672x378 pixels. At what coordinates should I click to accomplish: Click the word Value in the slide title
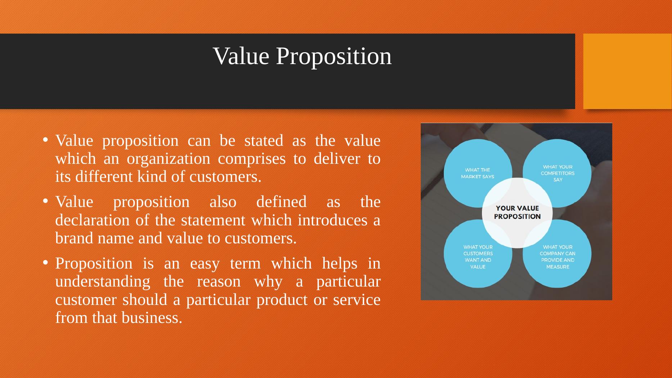coord(241,56)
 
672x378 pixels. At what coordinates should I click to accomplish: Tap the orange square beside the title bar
coord(627,71)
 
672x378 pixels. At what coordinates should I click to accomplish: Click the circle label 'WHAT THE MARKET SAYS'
coord(478,173)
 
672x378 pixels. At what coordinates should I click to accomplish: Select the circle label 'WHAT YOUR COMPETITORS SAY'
coord(558,173)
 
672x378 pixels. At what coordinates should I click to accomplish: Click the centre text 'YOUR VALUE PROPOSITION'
coord(517,212)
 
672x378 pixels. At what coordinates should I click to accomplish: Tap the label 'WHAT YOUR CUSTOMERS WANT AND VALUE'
coord(478,257)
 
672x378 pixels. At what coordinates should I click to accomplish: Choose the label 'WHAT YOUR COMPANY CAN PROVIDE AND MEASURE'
coord(558,257)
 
